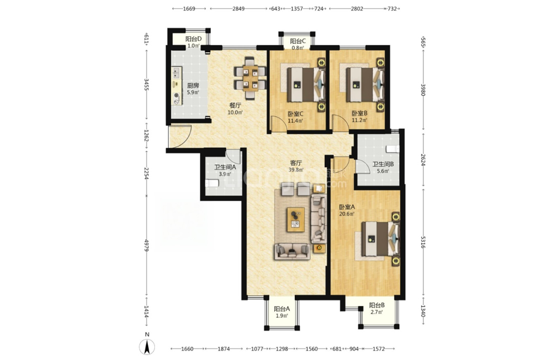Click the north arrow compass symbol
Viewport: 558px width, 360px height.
[147, 347]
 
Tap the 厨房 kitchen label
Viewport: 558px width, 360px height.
[193, 86]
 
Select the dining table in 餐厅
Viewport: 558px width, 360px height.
[250, 78]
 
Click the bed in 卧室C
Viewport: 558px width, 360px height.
[306, 84]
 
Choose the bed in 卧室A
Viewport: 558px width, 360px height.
[380, 239]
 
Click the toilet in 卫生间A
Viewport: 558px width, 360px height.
[212, 183]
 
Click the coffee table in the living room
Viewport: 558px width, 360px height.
[296, 219]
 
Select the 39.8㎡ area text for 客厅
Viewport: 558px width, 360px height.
[296, 170]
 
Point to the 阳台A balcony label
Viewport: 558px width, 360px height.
[282, 309]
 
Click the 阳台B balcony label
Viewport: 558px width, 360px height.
[377, 305]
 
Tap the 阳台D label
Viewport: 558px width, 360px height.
[194, 39]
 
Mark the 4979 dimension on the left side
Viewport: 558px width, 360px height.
[146, 246]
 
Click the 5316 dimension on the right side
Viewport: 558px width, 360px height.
[423, 242]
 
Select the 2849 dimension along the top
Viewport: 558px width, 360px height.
[238, 9]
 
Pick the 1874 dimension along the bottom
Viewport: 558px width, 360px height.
[224, 349]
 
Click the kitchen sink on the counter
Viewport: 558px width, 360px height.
[177, 73]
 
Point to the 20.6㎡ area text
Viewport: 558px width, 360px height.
[346, 214]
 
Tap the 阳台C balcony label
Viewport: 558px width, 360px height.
[298, 41]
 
